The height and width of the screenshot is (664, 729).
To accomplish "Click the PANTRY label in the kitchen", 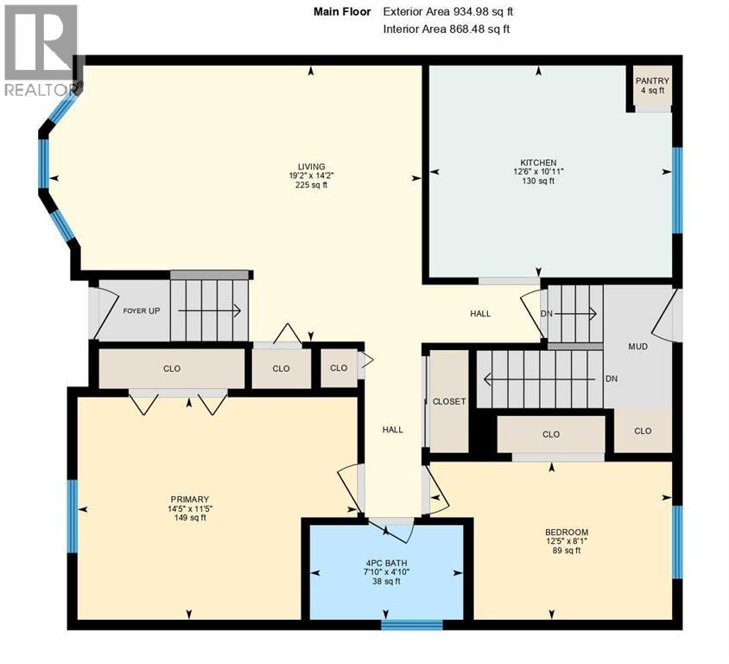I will tap(652, 81).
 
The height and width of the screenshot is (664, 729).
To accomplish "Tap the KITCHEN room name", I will tap(537, 163).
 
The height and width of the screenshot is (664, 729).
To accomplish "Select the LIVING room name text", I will tap(311, 167).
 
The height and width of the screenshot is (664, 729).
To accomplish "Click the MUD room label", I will tap(637, 346).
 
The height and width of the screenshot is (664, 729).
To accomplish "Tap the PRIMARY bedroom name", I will tap(189, 499).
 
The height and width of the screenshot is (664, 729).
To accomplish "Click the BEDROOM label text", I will tap(566, 532).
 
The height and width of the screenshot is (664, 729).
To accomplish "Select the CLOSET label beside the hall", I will tap(449, 401).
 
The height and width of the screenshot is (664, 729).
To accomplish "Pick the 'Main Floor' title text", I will tap(341, 12).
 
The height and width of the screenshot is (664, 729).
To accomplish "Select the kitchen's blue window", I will tap(677, 190).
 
